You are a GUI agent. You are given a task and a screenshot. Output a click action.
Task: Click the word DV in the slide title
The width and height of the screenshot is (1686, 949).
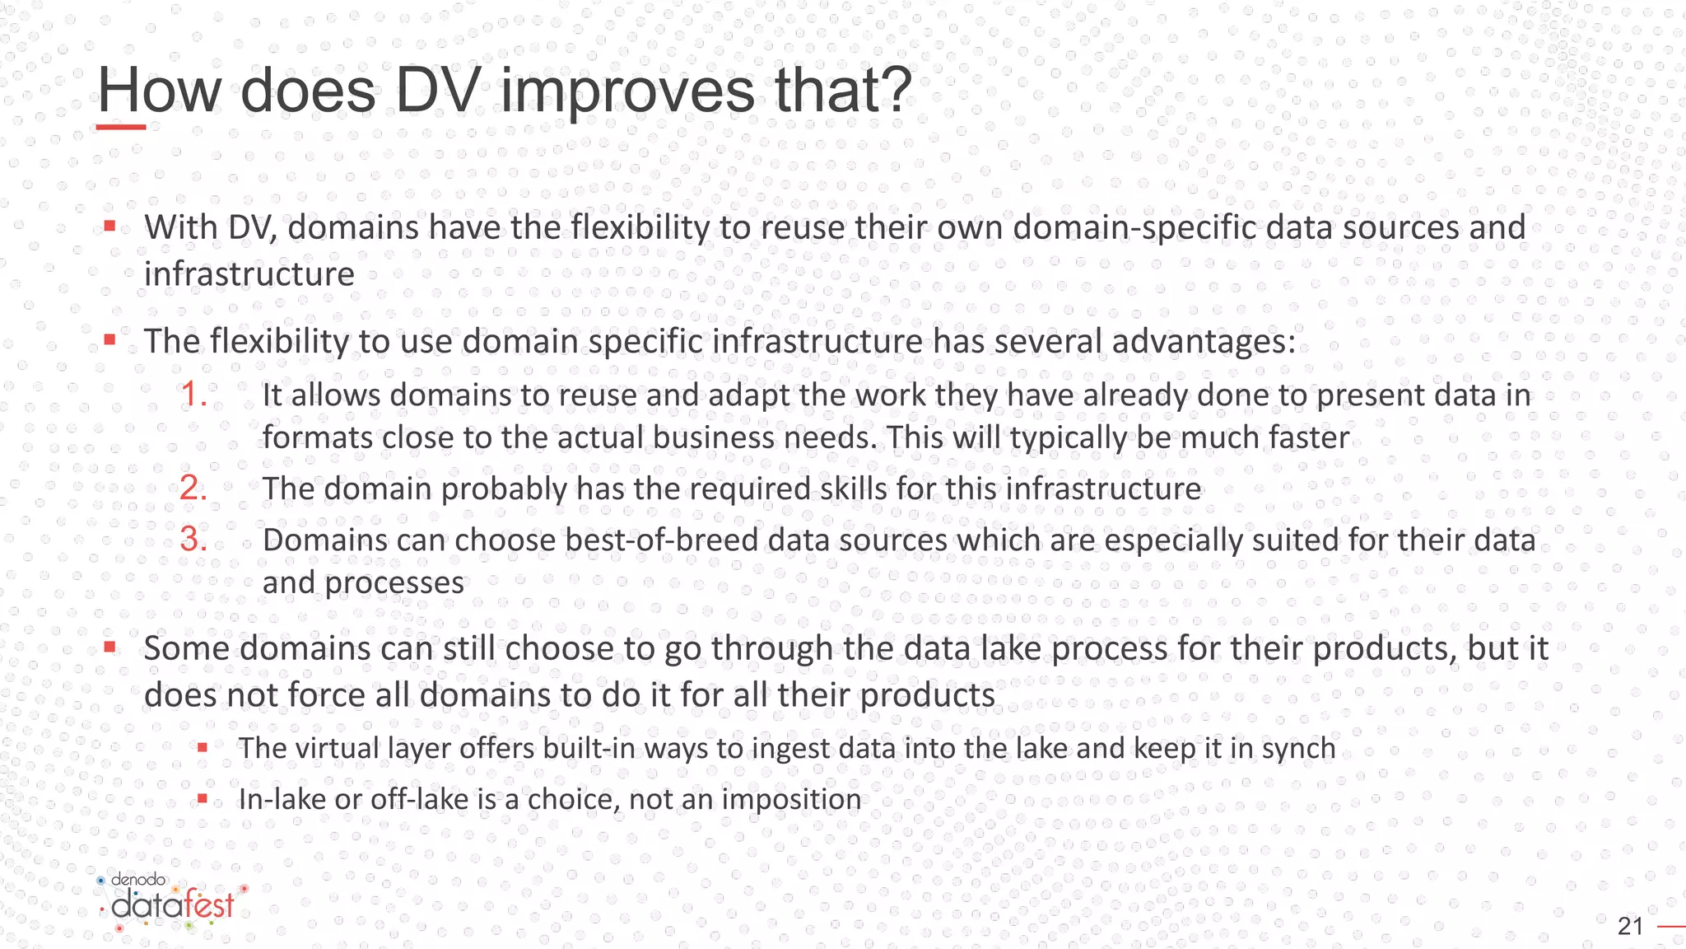(437, 90)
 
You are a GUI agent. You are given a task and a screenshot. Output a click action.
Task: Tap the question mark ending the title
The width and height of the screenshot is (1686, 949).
(893, 90)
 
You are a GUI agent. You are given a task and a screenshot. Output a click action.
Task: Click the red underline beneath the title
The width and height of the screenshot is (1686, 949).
(121, 127)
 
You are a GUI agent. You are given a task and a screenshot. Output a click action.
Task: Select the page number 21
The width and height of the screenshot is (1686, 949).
(1630, 927)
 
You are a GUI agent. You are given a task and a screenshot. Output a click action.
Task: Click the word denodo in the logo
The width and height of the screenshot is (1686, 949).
(138, 880)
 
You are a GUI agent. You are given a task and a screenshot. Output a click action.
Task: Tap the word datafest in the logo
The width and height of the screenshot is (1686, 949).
(173, 906)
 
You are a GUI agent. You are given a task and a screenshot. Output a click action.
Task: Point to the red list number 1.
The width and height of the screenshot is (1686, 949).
(193, 395)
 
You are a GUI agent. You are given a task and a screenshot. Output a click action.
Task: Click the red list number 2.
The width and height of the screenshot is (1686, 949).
(193, 489)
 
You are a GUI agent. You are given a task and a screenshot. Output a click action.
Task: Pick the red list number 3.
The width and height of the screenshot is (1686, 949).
(193, 540)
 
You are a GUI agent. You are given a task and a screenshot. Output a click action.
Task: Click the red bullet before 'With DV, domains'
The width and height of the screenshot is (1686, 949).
(109, 226)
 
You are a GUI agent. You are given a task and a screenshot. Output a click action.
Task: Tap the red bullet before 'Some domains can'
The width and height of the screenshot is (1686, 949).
(109, 647)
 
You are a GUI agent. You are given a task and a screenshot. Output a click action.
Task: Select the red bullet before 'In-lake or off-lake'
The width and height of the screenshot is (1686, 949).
(203, 798)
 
